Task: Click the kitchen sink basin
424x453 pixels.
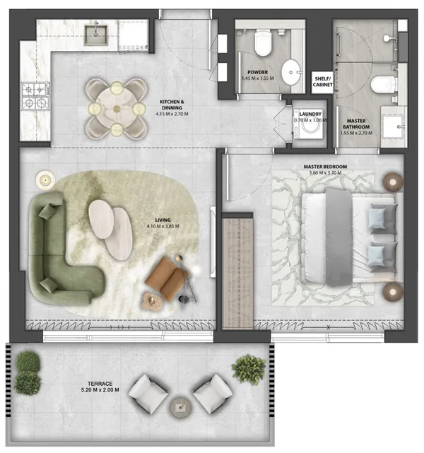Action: (x=96, y=35)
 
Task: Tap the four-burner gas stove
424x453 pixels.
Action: (x=35, y=96)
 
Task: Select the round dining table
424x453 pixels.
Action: (x=117, y=109)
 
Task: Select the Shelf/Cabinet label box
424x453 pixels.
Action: (x=322, y=82)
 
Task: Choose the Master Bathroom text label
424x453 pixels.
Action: (x=356, y=124)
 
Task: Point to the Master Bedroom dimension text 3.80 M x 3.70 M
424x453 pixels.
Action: (x=325, y=172)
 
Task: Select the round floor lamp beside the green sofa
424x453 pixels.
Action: (x=45, y=180)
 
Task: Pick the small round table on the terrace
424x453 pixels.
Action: (x=180, y=408)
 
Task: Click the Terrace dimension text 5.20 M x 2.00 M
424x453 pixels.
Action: (x=100, y=389)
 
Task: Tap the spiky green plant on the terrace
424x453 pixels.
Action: (x=249, y=370)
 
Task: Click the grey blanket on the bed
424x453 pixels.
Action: (x=338, y=237)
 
